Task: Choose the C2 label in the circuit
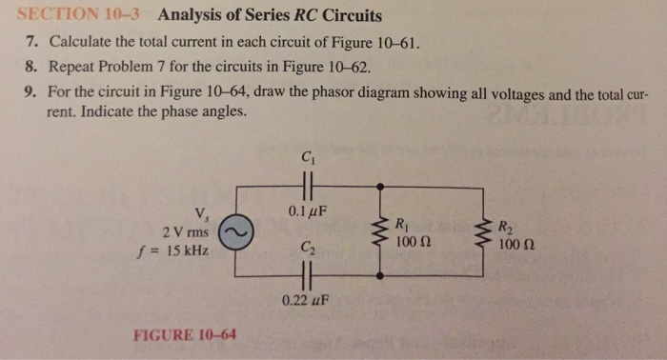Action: [x=307, y=250]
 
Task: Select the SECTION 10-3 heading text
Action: [x=79, y=16]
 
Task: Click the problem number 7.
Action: [x=30, y=44]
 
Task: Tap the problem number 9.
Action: [x=30, y=94]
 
